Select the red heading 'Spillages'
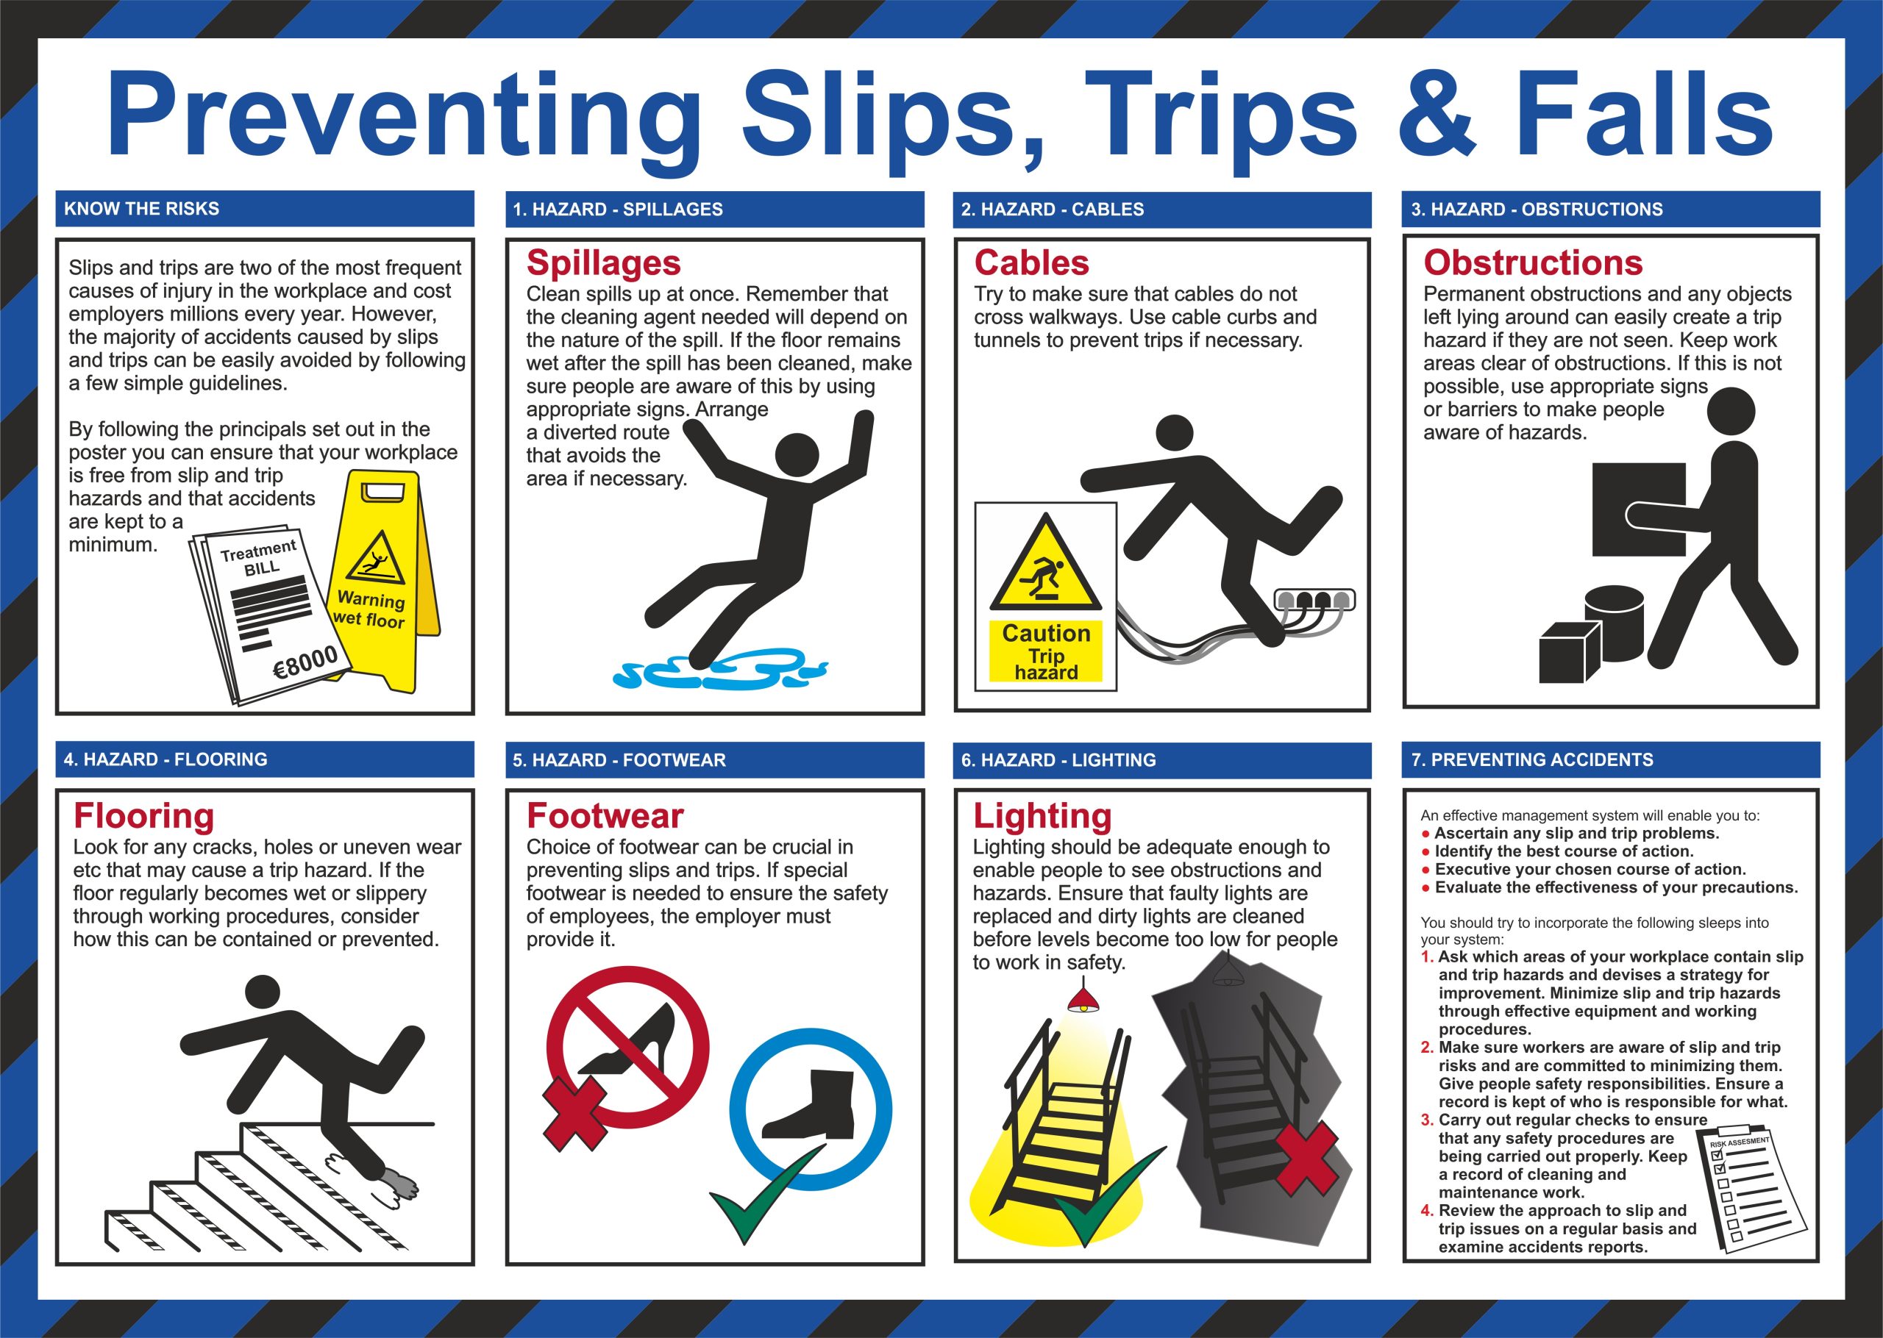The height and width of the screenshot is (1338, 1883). click(x=603, y=263)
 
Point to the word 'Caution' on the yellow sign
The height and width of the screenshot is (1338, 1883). click(x=1046, y=633)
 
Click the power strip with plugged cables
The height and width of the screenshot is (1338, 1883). click(x=1315, y=600)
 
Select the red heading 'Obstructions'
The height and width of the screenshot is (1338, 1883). click(x=1533, y=263)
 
